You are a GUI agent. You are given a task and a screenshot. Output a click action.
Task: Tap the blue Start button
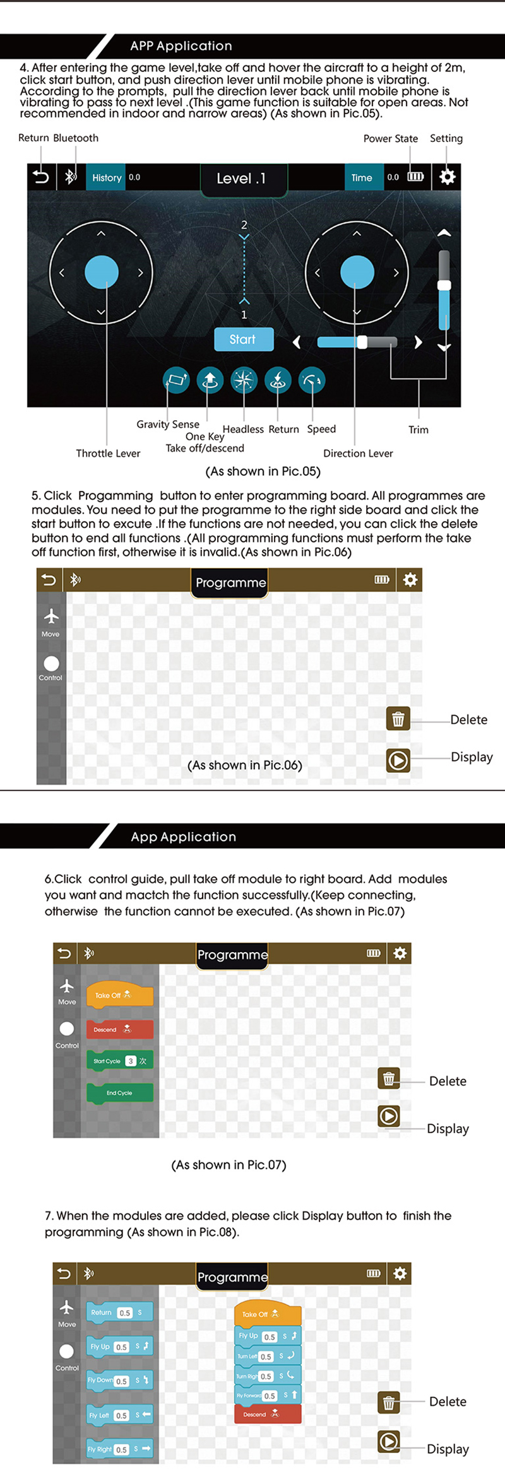(x=244, y=339)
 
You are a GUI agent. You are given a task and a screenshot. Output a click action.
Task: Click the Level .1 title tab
(x=243, y=179)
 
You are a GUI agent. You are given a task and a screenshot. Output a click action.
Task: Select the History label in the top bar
(x=107, y=178)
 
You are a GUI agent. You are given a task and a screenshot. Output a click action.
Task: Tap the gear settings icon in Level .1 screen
(x=447, y=177)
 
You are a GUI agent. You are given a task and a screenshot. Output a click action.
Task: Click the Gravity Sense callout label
(x=168, y=425)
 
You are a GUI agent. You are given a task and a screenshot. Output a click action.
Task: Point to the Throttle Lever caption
(x=108, y=454)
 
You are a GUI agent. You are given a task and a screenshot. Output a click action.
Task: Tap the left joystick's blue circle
(x=102, y=272)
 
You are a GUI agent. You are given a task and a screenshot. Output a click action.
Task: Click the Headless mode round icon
(x=244, y=380)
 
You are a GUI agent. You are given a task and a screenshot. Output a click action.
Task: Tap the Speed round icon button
(x=312, y=380)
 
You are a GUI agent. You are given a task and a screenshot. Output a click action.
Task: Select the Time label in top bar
(x=362, y=178)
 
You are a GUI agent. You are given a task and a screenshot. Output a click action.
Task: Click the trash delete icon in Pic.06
(x=398, y=719)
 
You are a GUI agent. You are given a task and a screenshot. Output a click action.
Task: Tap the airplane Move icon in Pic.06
(x=51, y=616)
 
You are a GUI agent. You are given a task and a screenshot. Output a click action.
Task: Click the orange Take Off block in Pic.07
(x=119, y=995)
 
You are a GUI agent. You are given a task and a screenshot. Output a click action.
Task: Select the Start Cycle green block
(x=119, y=1061)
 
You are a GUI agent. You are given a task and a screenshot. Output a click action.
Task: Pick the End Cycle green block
(x=119, y=1093)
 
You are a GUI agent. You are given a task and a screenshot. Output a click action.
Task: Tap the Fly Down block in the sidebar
(x=119, y=1381)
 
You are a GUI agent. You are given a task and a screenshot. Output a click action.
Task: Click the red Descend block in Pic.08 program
(x=268, y=1414)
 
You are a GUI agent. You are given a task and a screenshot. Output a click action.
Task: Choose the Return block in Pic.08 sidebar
(x=119, y=1312)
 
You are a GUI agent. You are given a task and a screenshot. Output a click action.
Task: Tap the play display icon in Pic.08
(x=389, y=1441)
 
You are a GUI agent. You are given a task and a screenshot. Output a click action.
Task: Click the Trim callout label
(x=418, y=430)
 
